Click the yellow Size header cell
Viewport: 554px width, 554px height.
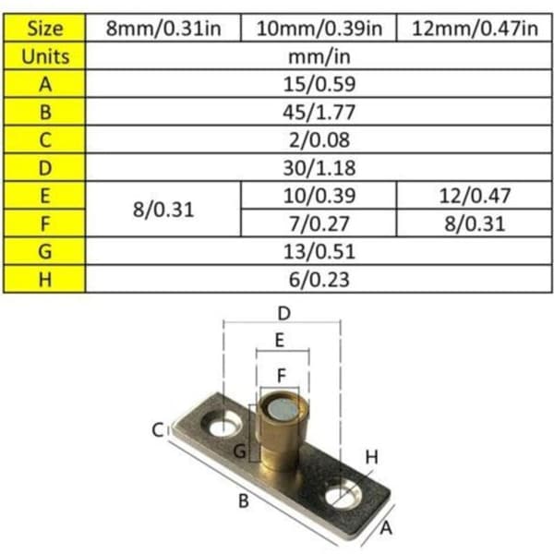(44, 28)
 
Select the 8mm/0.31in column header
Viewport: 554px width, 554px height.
(163, 28)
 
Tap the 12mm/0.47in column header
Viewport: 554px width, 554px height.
(475, 28)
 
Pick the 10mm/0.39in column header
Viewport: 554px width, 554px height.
(319, 28)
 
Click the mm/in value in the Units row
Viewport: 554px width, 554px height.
(319, 56)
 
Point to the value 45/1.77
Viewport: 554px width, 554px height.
(319, 112)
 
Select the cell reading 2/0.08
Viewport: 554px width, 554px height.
(319, 140)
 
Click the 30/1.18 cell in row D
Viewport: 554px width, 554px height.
(319, 168)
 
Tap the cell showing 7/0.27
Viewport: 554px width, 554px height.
(319, 223)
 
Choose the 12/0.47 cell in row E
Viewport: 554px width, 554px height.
(475, 196)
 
